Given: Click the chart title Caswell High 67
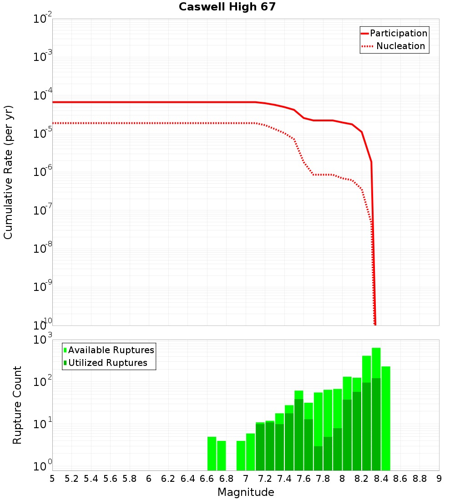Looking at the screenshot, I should (227, 7).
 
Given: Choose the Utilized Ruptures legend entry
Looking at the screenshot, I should (107, 363).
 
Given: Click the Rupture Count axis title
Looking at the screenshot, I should (17, 405).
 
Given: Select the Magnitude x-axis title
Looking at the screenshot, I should (246, 492).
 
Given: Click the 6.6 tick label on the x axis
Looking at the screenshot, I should (207, 479).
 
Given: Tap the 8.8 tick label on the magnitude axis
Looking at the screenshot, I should (420, 479).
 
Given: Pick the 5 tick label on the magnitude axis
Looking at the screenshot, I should (52, 479).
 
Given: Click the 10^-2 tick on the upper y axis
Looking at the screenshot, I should (42, 19).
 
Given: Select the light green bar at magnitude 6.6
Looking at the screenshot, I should (212, 455).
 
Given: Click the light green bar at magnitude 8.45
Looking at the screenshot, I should (386, 418).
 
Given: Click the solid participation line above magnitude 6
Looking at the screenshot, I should (149, 102).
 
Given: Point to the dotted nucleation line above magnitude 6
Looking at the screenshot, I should (149, 123).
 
